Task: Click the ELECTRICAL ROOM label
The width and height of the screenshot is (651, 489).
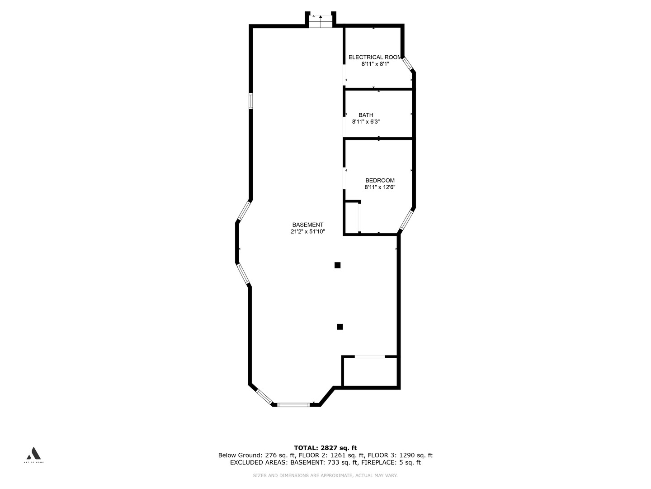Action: pos(375,58)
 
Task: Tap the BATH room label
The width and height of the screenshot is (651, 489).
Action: pos(366,115)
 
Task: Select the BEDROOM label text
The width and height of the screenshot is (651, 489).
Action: pos(380,180)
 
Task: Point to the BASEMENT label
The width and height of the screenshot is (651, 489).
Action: pos(308,225)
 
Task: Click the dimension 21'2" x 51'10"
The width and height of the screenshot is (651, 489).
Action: pos(308,231)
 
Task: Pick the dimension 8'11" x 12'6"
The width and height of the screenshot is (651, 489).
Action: pos(380,187)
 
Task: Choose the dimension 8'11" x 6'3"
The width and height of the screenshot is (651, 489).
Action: pos(366,121)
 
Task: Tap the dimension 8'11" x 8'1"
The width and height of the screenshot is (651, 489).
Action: pos(375,64)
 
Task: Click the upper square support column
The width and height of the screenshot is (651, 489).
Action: pos(337,265)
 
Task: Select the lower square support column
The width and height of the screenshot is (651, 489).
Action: pos(340,326)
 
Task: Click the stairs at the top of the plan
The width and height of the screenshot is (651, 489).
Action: pos(321,21)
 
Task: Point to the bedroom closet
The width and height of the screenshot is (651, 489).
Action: pos(352,217)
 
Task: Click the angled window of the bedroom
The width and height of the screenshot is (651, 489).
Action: pos(406,220)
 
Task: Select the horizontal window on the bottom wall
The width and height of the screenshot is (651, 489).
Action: pos(293,404)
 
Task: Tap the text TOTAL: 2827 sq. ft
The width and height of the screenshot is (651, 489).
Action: pos(325,448)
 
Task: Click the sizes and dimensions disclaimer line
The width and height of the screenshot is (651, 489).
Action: pos(325,475)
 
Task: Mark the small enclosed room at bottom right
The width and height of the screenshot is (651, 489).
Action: pos(370,372)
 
